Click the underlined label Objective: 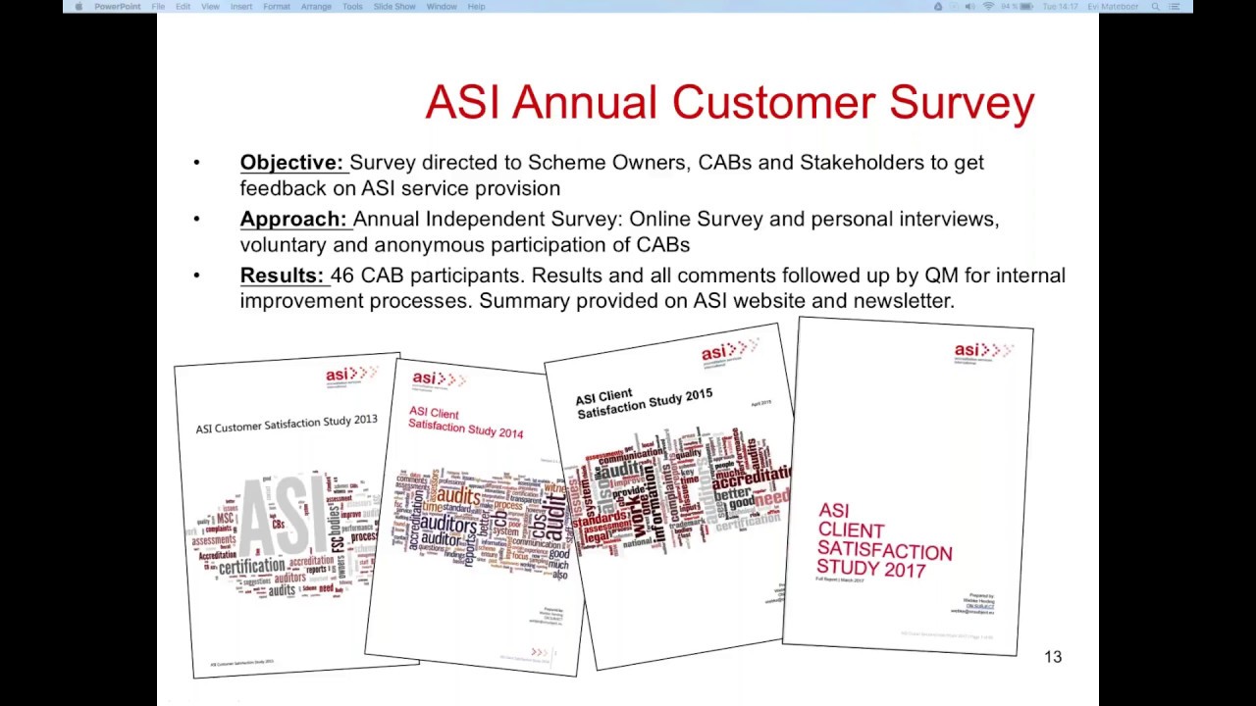(291, 163)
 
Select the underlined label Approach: (293, 220)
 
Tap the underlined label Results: (282, 276)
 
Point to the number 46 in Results (341, 276)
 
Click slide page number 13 (1053, 657)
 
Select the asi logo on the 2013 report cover (350, 375)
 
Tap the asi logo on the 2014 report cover (438, 378)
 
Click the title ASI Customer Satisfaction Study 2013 (286, 425)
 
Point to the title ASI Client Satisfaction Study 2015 (644, 401)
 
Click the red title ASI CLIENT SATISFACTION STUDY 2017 (883, 540)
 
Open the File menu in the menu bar (158, 7)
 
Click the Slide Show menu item (394, 7)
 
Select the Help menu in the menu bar (476, 7)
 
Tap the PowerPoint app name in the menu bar (118, 7)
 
